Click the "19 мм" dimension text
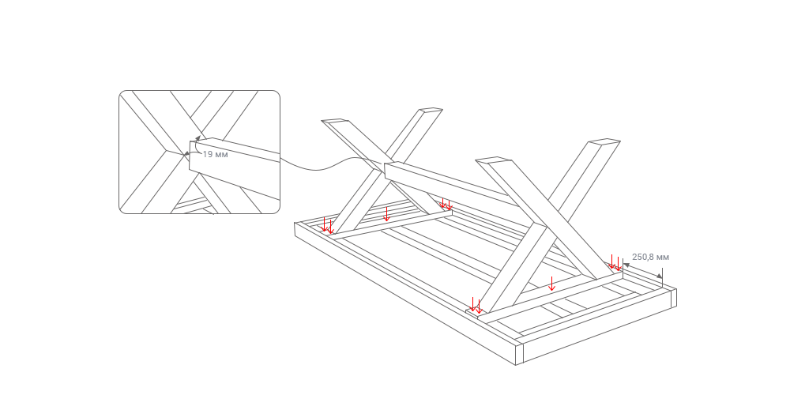[x=215, y=154]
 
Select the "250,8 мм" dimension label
[x=650, y=257]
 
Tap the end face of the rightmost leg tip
[x=604, y=141]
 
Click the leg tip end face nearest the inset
[x=335, y=120]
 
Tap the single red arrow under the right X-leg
[x=551, y=284]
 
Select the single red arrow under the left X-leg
[x=386, y=213]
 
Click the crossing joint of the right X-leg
[x=545, y=226]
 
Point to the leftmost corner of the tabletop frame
[x=295, y=224]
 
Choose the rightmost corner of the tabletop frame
[x=676, y=290]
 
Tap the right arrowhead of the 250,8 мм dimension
[x=660, y=276]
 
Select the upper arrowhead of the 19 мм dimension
[x=198, y=137]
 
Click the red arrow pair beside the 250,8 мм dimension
[x=615, y=262]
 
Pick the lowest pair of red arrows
[x=476, y=305]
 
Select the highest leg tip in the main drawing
[x=431, y=109]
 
